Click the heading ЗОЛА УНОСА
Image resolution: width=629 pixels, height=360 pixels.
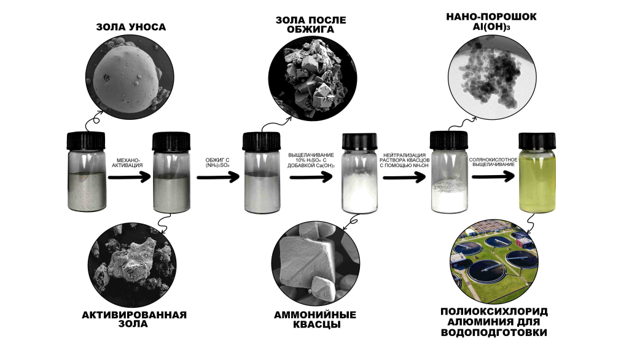131,27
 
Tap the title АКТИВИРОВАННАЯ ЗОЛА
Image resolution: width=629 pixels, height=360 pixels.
135,319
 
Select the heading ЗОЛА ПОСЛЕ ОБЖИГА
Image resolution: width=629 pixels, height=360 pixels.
310,25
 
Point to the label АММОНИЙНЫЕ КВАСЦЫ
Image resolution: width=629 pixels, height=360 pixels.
315,319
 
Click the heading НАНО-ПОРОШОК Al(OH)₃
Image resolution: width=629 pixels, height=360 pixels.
491,22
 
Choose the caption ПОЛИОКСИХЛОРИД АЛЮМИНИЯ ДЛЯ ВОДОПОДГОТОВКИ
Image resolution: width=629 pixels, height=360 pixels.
494,322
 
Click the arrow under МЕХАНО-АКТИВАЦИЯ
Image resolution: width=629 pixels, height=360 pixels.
129,177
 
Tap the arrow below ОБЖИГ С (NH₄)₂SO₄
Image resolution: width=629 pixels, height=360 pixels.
218,177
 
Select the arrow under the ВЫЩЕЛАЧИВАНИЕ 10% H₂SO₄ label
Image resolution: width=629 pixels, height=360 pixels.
311,177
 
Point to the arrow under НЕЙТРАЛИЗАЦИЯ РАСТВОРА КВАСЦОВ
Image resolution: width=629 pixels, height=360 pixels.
404,177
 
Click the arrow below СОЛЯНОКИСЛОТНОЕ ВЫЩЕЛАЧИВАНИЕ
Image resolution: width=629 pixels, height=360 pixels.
493,176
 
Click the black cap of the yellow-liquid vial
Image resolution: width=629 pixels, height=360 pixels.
537,141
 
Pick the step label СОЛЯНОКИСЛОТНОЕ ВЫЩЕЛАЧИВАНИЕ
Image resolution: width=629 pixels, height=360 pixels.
493,162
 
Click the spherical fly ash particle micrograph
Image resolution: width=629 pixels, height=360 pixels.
130,77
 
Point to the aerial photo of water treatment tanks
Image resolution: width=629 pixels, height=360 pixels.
494,261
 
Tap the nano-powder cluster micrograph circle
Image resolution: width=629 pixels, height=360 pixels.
492,76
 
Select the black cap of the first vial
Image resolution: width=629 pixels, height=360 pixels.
86,141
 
